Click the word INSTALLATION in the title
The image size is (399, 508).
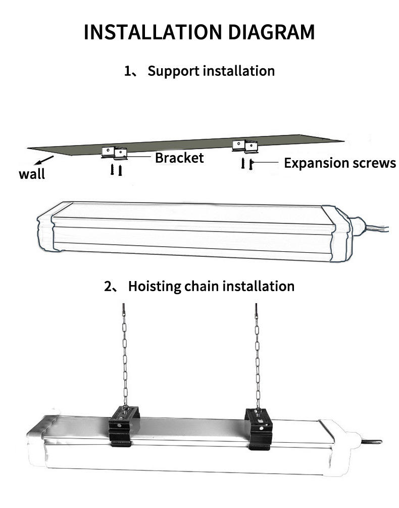click(x=153, y=32)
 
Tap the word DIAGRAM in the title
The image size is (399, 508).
click(x=271, y=32)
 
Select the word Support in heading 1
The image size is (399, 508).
click(x=173, y=71)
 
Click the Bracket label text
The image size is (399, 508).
click(x=179, y=158)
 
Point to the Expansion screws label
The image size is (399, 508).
click(x=340, y=163)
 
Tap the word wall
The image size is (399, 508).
click(x=32, y=174)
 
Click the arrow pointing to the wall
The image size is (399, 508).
click(x=44, y=160)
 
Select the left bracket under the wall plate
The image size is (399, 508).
click(x=115, y=153)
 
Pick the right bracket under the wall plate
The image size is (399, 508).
click(x=245, y=147)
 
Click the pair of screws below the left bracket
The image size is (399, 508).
click(x=116, y=170)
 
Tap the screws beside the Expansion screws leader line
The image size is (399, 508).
click(x=247, y=164)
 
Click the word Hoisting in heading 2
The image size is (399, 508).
click(x=155, y=287)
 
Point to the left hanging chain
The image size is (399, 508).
click(x=125, y=355)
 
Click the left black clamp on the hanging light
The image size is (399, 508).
click(x=123, y=426)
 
